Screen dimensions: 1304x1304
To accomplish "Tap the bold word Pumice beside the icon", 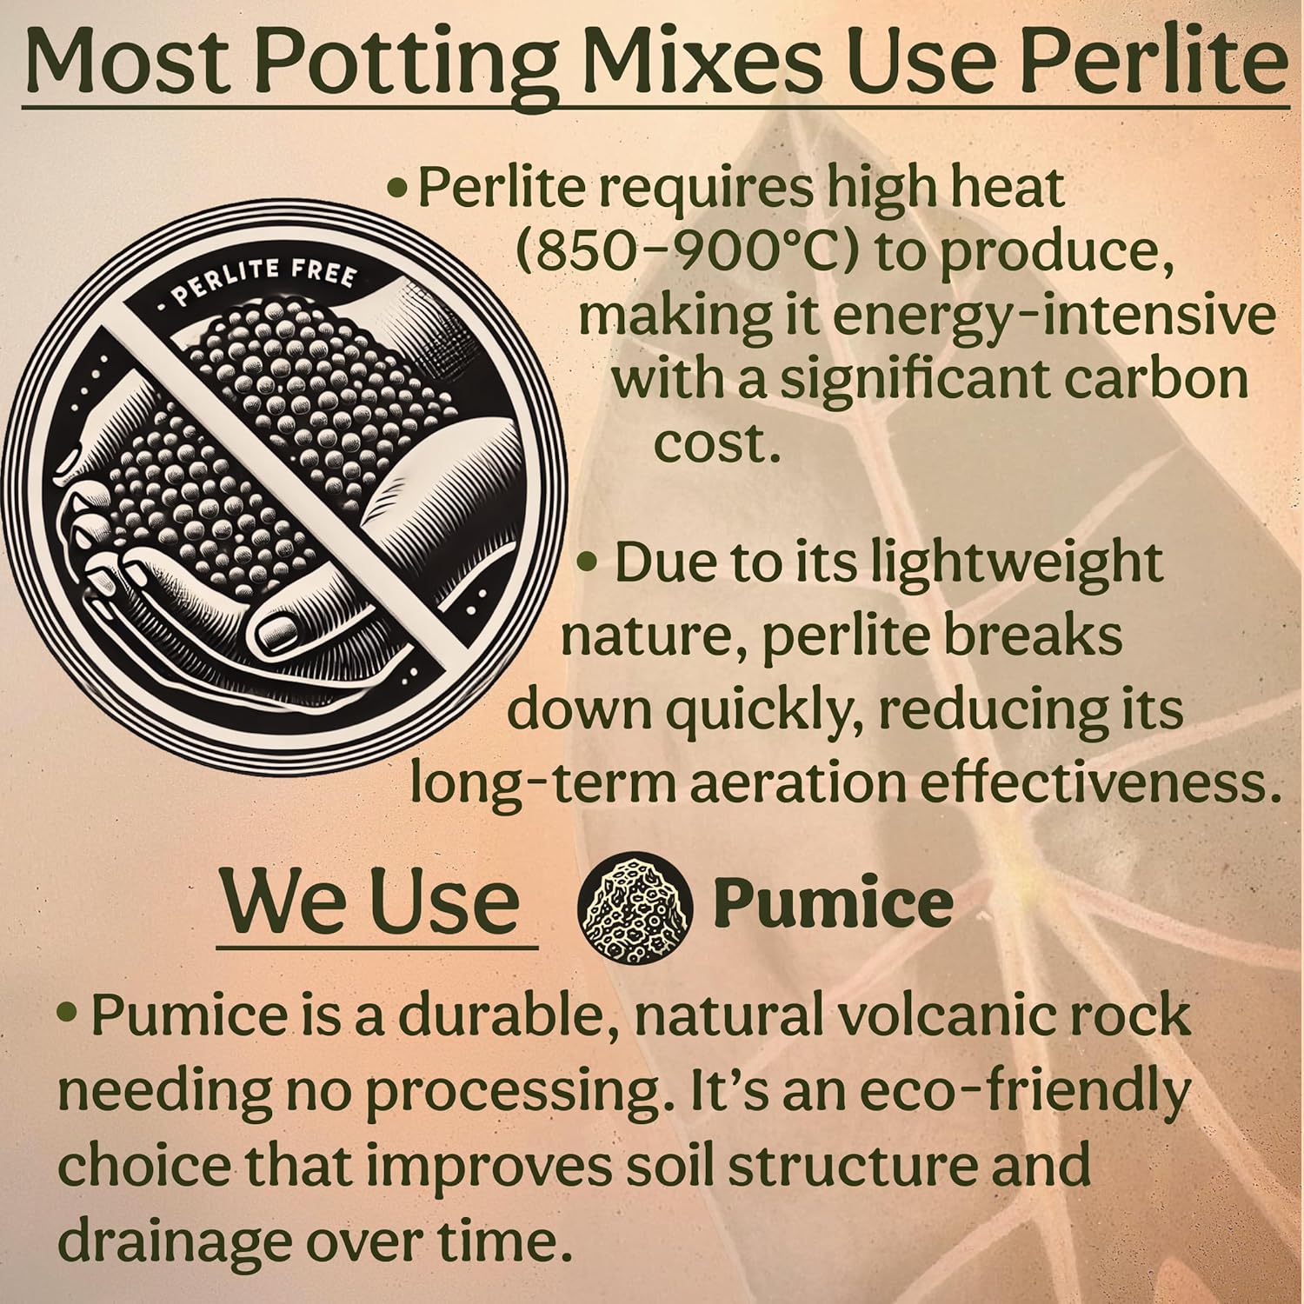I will [x=832, y=904].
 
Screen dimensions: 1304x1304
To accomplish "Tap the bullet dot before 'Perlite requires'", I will [x=397, y=190].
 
